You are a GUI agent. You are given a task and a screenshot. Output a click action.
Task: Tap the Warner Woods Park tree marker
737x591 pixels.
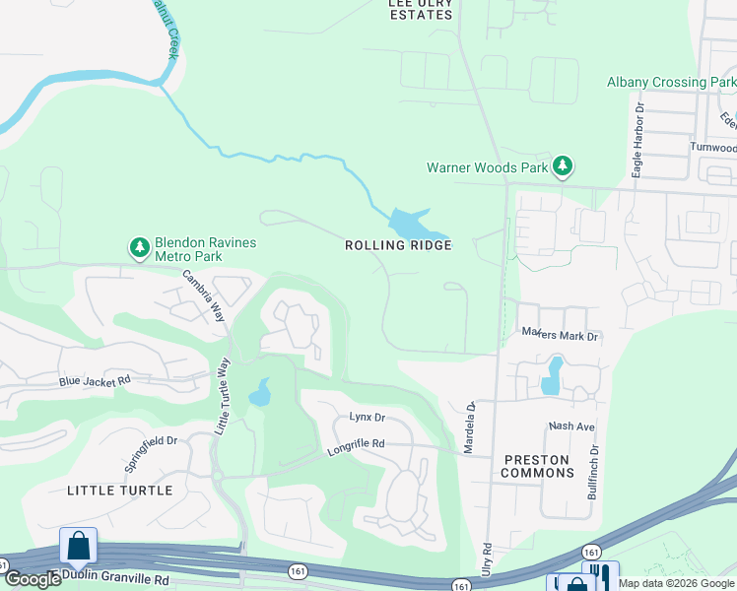[x=563, y=166]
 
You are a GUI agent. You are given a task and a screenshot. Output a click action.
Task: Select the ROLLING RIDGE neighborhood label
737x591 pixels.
[x=398, y=245]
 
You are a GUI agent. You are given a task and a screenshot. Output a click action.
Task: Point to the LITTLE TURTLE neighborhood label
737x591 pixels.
[x=119, y=491]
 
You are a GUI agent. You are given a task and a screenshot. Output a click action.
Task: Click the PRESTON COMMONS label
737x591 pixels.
[x=538, y=466]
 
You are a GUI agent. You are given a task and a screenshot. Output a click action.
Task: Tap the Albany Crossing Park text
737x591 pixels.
[x=671, y=83]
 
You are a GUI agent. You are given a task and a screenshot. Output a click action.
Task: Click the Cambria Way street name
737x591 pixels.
[x=203, y=295]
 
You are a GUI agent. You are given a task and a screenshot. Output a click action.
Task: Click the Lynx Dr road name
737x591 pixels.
[x=367, y=418]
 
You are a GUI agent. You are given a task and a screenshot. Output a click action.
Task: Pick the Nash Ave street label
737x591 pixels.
[x=571, y=427]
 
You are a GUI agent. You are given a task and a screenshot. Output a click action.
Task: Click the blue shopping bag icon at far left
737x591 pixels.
[x=78, y=546]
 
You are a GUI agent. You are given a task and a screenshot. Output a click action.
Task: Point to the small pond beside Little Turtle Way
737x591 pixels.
[x=259, y=393]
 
